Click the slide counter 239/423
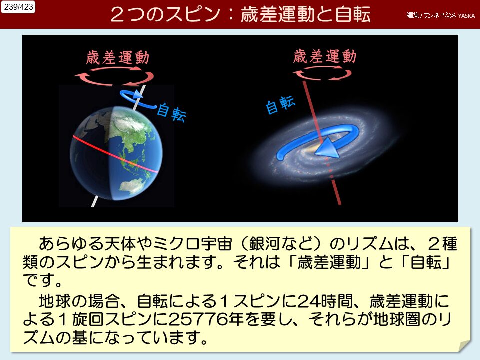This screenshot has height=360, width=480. coord(18,7)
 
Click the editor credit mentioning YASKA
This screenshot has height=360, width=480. coord(441,15)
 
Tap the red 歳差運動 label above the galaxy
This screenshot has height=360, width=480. coord(325,56)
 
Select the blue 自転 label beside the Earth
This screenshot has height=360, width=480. coord(171,113)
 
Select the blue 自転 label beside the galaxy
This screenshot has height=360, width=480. coord(280,105)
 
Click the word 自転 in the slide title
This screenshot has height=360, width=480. coord(353,14)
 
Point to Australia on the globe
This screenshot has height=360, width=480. coord(131,186)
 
